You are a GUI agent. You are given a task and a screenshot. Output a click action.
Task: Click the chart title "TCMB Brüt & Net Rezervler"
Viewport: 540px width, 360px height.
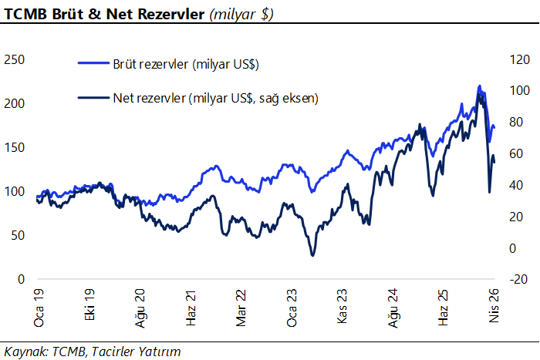point(105,14)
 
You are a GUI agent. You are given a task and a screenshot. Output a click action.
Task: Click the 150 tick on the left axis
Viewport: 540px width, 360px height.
point(15,147)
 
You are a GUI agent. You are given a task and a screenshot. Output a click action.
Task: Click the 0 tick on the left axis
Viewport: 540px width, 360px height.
point(22,279)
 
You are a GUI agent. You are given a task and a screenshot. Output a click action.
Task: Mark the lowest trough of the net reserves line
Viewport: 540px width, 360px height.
point(312,255)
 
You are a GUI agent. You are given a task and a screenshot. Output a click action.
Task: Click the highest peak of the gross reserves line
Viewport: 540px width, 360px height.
point(479,86)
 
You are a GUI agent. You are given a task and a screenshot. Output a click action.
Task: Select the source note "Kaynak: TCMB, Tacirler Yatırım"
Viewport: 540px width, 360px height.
point(93,352)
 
